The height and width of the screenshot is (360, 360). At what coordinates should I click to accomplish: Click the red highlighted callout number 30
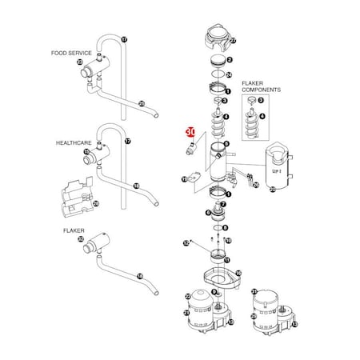click(x=190, y=132)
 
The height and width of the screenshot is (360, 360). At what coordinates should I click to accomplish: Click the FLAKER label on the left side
click(x=73, y=229)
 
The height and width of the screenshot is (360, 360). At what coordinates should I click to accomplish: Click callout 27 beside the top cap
click(x=233, y=40)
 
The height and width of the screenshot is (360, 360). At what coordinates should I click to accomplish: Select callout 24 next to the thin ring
click(x=230, y=74)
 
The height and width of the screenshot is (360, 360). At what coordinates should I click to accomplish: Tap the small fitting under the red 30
click(x=193, y=148)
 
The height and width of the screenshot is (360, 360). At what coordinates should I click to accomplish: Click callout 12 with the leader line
click(x=185, y=242)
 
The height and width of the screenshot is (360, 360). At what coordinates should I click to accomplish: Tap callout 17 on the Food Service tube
click(x=124, y=38)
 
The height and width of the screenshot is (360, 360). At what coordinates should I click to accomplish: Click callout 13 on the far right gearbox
click(x=294, y=326)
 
